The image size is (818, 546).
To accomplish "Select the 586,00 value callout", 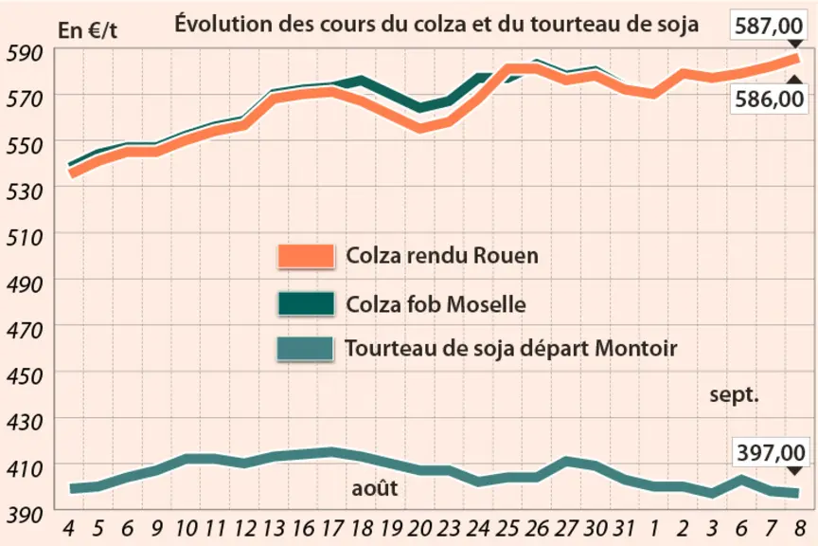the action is pyautogui.click(x=769, y=99).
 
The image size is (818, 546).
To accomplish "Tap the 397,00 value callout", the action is pyautogui.click(x=771, y=452).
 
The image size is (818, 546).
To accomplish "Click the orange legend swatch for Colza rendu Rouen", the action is pyautogui.click(x=306, y=256).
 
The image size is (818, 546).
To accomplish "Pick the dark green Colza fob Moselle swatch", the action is pyautogui.click(x=306, y=303).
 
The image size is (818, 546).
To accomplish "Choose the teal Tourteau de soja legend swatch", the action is pyautogui.click(x=305, y=349).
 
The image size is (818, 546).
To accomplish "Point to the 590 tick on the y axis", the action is pyautogui.click(x=25, y=53).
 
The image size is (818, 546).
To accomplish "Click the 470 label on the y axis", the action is pyautogui.click(x=25, y=330).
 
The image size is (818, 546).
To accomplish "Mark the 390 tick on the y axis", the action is pyautogui.click(x=25, y=515).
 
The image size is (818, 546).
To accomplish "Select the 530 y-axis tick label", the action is pyautogui.click(x=25, y=191).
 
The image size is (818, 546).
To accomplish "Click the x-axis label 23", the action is pyautogui.click(x=448, y=529).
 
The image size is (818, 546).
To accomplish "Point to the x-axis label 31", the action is pyautogui.click(x=623, y=529).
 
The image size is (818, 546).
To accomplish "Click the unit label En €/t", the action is pyautogui.click(x=87, y=30).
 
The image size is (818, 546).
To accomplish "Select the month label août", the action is pyautogui.click(x=375, y=488).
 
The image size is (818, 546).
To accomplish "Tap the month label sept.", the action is pyautogui.click(x=734, y=395).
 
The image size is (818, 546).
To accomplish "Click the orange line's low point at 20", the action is pyautogui.click(x=420, y=127).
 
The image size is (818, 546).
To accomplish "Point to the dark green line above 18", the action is pyautogui.click(x=362, y=82).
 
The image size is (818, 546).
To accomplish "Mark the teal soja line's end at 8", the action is pyautogui.click(x=798, y=493).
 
